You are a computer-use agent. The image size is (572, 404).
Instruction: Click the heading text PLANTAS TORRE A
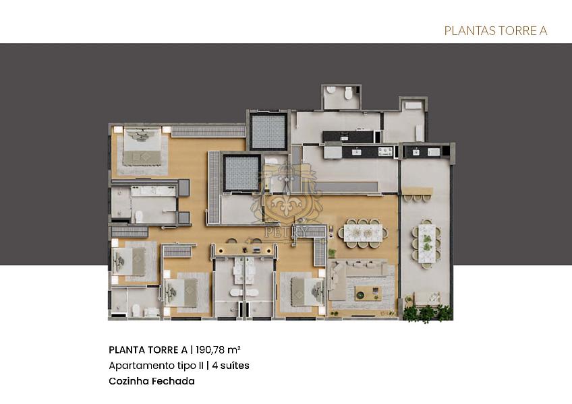(495, 30)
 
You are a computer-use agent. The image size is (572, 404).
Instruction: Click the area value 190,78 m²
(217, 349)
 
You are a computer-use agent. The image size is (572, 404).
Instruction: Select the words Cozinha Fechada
(151, 381)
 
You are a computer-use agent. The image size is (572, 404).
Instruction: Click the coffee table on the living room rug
(368, 292)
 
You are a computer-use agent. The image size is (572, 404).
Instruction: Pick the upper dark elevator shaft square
(268, 133)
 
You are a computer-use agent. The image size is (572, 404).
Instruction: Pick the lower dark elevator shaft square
(241, 173)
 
